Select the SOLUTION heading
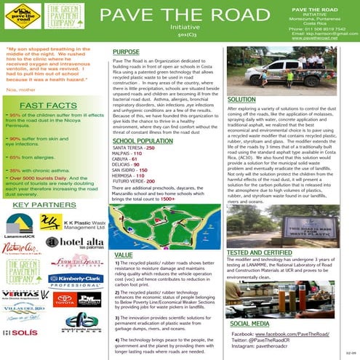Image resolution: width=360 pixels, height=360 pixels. pos(241,99)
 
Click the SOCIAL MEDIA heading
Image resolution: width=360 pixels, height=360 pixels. pos(250,321)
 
